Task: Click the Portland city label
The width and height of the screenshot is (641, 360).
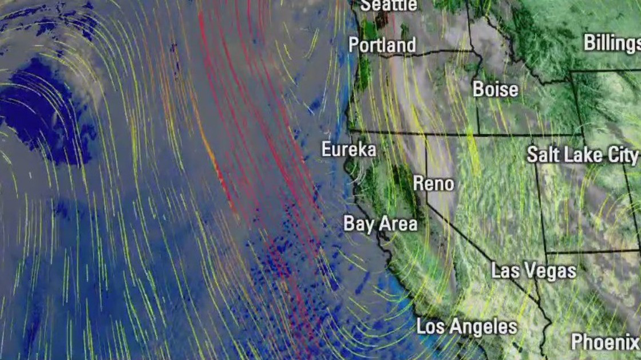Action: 382,45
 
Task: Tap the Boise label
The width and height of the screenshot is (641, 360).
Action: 495,89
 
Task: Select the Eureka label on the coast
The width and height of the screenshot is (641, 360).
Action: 349,150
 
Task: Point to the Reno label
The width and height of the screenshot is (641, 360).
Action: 433,184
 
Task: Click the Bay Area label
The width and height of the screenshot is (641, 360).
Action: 380,224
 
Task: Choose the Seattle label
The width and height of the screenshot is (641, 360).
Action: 389,5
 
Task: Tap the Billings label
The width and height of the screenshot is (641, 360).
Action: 612,43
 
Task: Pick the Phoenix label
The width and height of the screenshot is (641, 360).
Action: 606,342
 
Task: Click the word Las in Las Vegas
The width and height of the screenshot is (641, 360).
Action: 504,270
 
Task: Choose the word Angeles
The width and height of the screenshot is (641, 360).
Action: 484,327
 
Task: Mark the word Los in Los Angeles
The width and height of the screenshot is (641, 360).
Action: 429,327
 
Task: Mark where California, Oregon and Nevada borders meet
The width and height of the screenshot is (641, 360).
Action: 425,135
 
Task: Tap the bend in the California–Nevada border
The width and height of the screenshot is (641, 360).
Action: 426,202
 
